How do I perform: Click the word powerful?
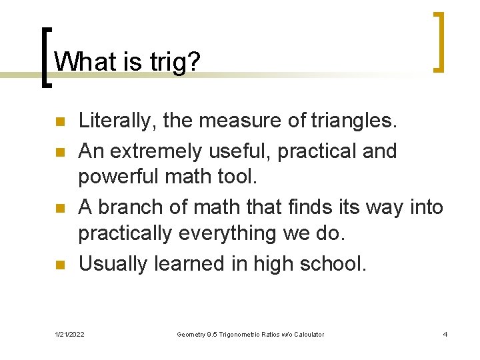coord(118,178)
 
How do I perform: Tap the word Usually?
coord(113,263)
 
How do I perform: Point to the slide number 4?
coord(445,334)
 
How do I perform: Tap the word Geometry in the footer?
coord(193,334)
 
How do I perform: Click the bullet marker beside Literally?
coord(59,122)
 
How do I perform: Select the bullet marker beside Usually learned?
coord(59,265)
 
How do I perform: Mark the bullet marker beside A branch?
coord(59,208)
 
